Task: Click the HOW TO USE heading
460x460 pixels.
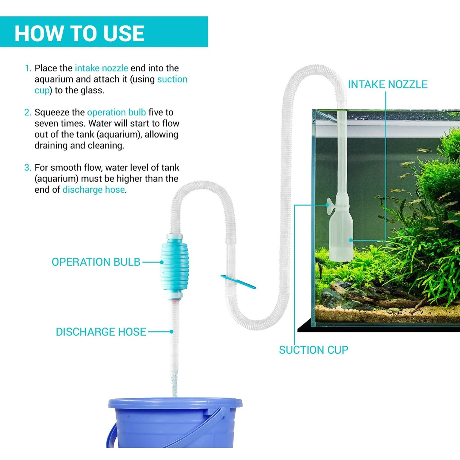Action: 79,33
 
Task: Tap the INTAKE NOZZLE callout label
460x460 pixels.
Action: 388,85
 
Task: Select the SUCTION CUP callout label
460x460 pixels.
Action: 313,350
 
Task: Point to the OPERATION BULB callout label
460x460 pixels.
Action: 96,262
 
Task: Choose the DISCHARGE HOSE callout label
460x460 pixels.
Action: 101,332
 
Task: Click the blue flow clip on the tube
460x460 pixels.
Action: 238,282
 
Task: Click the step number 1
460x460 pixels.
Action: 28,68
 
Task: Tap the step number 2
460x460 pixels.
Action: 28,112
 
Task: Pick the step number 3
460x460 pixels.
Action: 28,167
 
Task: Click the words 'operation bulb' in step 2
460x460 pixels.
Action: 117,113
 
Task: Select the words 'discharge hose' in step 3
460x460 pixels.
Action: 94,190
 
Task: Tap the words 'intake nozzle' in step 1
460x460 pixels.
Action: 102,68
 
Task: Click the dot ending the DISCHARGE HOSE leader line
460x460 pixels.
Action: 171,332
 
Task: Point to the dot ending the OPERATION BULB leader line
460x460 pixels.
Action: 162,262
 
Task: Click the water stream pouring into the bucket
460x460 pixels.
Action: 174,383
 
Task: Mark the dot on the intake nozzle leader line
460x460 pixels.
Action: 351,240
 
